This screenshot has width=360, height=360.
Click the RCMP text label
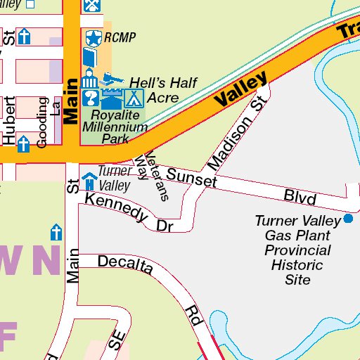[120, 37]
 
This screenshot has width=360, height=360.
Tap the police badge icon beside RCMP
[93, 37]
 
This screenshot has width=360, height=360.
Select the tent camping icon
[134, 96]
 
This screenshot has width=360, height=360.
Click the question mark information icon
[90, 96]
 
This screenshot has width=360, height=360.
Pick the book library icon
[90, 56]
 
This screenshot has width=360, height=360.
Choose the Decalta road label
[126, 263]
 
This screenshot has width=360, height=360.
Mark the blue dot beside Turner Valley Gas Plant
[348, 219]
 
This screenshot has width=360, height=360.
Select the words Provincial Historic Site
[297, 264]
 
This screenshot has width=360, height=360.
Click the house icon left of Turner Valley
[89, 181]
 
